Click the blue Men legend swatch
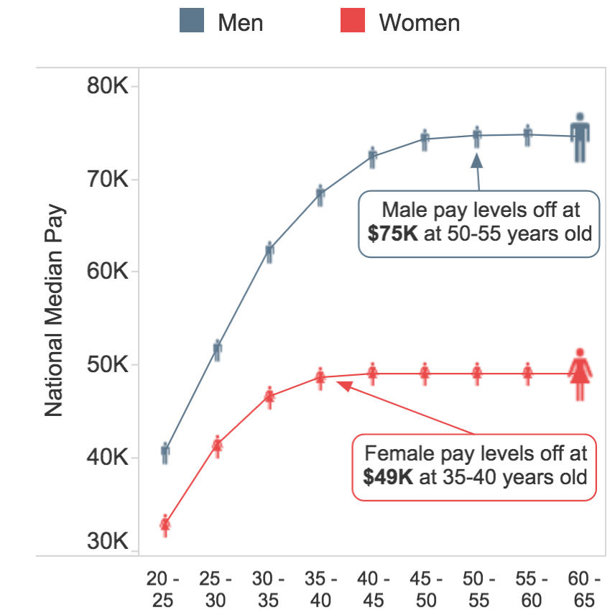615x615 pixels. tap(192, 22)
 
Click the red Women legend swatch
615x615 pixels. tap(353, 22)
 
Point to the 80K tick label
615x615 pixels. tap(107, 87)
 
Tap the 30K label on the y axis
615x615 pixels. tap(107, 542)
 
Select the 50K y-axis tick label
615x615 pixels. tap(107, 365)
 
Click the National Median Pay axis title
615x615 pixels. tap(55, 313)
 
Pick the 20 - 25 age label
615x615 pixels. tap(164, 588)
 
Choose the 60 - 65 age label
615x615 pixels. tap(579, 588)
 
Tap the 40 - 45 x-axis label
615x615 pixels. tap(371, 588)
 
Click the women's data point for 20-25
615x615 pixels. tap(165, 525)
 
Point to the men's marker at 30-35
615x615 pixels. tap(269, 251)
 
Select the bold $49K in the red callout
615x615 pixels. tap(388, 476)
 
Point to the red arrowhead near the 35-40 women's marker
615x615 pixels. tap(344, 386)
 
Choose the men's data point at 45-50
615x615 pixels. tap(425, 139)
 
